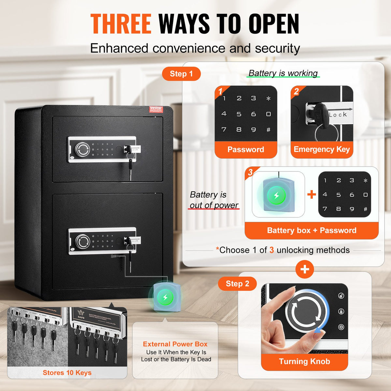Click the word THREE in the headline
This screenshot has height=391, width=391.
click(121, 24)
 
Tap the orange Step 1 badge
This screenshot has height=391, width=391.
click(181, 74)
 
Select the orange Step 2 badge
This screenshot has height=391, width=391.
click(237, 284)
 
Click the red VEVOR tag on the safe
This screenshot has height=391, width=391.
click(156, 109)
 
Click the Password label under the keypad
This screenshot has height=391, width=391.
click(246, 150)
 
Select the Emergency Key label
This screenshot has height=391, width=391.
click(322, 150)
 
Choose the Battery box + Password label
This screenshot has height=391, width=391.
click(311, 231)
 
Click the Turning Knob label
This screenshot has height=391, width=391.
click(304, 362)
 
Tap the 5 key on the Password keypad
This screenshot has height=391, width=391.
click(239, 114)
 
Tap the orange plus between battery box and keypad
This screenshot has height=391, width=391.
click(311, 195)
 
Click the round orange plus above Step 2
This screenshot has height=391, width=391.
click(305, 269)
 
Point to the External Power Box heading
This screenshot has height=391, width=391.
click(175, 344)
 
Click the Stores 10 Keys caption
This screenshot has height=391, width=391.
click(67, 373)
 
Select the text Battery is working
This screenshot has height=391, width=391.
click(283, 73)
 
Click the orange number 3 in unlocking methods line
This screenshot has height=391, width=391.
click(271, 250)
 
